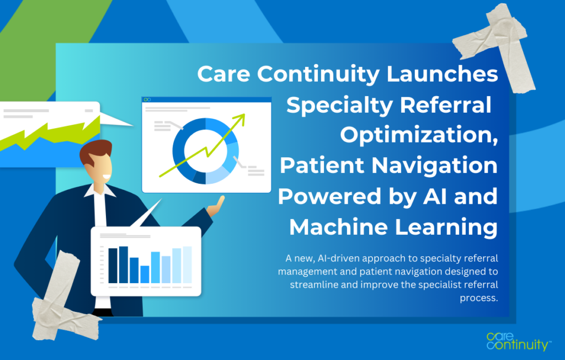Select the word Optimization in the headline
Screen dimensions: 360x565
pyautogui.click(x=419, y=135)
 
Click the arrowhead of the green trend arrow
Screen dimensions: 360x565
pyautogui.click(x=241, y=117)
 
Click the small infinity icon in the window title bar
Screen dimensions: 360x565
pyautogui.click(x=147, y=99)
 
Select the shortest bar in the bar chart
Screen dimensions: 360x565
pyautogui.click(x=145, y=274)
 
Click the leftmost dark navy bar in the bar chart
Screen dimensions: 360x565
pyautogui.click(x=113, y=266)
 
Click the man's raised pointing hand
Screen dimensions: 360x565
pyautogui.click(x=217, y=205)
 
